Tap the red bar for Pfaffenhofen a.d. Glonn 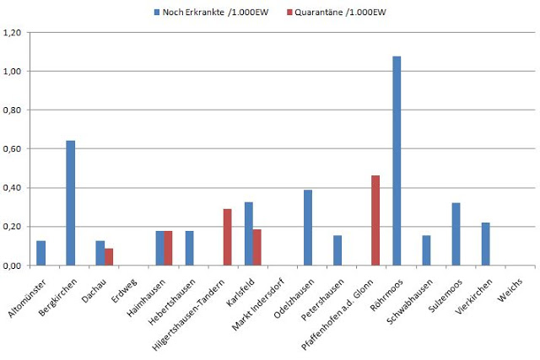(375, 220)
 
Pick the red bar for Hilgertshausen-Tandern (227, 237)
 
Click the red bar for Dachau (109, 256)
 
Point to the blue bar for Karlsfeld (248, 234)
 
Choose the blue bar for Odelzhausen (308, 228)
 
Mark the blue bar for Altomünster (41, 253)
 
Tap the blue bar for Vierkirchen (485, 244)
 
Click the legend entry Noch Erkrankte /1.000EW (197, 11)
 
